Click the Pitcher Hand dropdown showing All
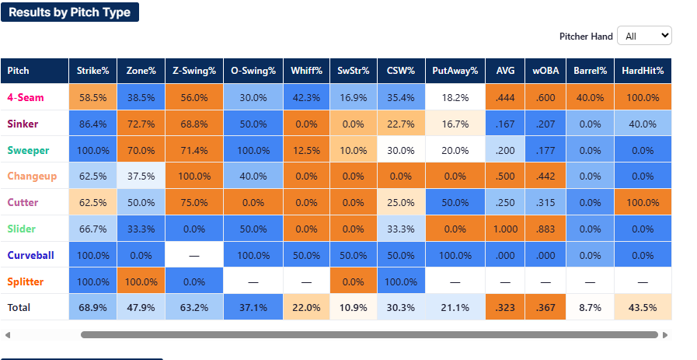pos(644,36)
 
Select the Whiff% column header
pos(306,71)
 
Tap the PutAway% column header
pos(455,71)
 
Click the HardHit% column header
pos(643,71)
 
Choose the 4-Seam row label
pos(26,97)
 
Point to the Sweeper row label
pos(28,150)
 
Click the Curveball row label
pos(30,256)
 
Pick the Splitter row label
pos(26,281)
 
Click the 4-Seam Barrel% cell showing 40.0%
pos(591,97)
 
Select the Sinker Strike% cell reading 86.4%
pos(93,124)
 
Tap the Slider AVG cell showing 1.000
pos(505,229)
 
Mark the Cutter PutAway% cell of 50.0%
pos(455,203)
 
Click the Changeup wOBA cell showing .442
pos(545,177)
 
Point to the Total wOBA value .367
pos(545,307)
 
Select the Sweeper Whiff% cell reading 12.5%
pos(306,150)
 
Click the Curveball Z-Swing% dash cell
pos(194,256)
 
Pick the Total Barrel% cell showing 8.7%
pos(591,307)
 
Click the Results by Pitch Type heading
pos(70,12)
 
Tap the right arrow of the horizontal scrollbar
pos(665,335)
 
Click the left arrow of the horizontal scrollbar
pos(8,335)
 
